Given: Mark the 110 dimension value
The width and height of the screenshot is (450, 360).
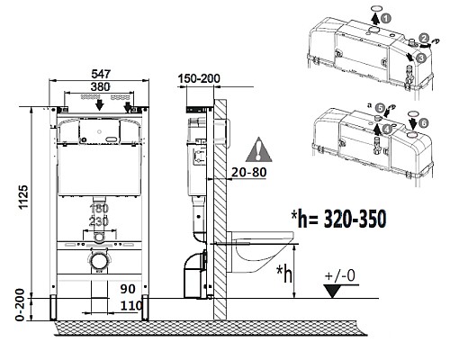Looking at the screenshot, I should click(x=130, y=306).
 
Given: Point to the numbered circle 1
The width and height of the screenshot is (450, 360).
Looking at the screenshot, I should click(x=385, y=17).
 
